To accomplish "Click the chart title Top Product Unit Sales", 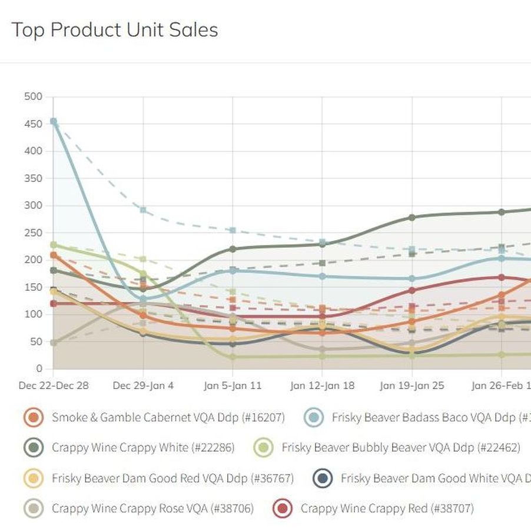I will (115, 30).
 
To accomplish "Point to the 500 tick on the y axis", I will (34, 97).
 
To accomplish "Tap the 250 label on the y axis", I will (34, 233).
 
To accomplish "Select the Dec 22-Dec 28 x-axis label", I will (54, 386).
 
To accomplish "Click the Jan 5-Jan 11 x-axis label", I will (233, 386).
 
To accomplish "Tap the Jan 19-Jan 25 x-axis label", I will (411, 386).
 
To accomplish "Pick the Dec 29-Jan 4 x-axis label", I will (143, 386).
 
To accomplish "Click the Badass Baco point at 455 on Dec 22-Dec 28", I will (54, 121).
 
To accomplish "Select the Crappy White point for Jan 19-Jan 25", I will (412, 217).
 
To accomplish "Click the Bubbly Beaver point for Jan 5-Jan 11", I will (233, 357).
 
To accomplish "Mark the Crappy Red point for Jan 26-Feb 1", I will (502, 277).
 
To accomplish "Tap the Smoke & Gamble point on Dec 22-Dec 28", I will (54, 255).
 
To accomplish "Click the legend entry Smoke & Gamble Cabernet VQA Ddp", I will (168, 418).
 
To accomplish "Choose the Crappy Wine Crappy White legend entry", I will (142, 448).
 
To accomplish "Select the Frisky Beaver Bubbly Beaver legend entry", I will (400, 448).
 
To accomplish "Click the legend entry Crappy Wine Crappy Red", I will (387, 508).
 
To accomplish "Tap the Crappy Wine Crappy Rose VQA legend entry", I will (152, 508).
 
